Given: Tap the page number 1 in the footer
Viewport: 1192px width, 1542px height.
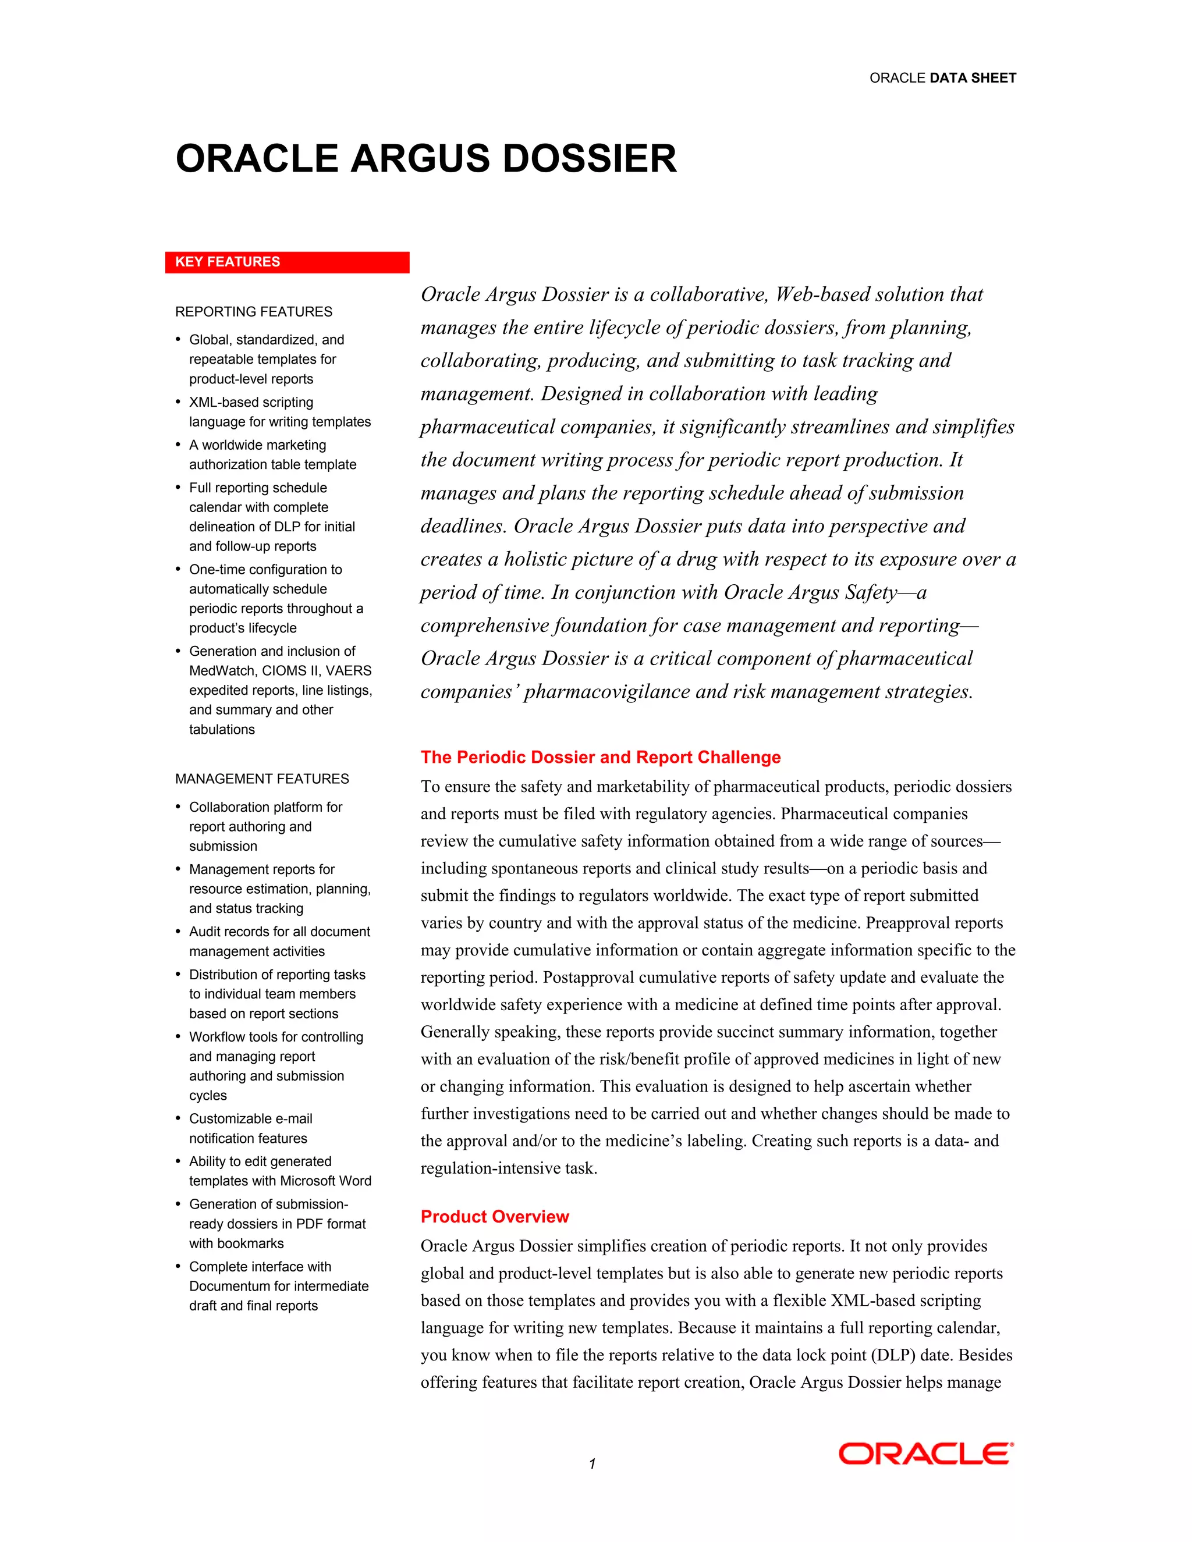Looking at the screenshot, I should pos(592,1463).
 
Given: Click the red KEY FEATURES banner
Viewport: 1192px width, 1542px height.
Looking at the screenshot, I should pos(287,262).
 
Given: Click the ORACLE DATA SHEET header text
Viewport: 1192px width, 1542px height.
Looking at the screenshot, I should pos(942,79).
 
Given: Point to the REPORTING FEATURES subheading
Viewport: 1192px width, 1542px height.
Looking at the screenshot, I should pos(254,312).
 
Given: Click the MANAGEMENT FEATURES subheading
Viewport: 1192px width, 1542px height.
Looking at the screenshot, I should pos(262,779).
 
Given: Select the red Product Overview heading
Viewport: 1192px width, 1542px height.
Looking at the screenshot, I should pos(494,1217).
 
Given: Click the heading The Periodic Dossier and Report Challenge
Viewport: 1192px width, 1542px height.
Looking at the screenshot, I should pos(600,758).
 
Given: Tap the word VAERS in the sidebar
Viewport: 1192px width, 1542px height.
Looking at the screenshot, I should pos(348,671).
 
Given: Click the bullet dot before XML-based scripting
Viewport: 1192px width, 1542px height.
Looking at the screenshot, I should pos(178,403).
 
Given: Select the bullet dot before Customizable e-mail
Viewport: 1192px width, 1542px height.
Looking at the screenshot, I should pos(178,1119).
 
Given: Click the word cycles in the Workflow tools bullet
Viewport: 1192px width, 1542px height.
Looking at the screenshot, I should pos(208,1096).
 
